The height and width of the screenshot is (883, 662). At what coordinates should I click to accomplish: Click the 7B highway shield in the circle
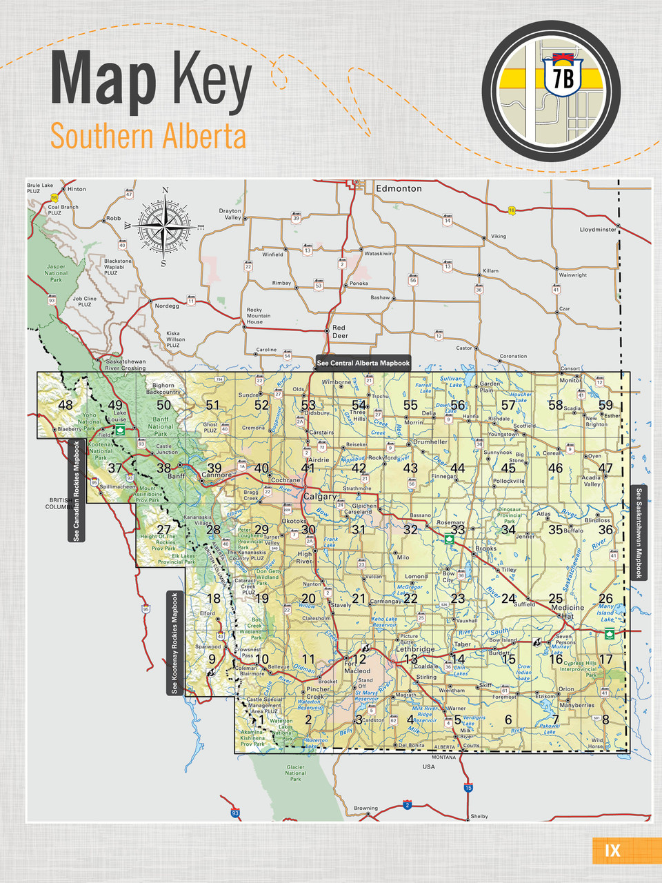563,77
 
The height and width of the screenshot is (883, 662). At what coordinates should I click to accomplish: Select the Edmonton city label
398,188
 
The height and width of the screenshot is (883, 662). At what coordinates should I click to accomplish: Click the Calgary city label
320,497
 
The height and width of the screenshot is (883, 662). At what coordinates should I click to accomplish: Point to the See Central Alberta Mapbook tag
363,363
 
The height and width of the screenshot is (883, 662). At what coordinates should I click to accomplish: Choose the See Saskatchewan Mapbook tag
639,533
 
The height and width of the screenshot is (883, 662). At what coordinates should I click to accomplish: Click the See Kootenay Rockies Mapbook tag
174,643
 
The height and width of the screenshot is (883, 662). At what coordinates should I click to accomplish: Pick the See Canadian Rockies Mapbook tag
77,490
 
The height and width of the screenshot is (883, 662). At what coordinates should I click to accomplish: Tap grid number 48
66,405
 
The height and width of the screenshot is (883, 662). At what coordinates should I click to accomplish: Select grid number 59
605,405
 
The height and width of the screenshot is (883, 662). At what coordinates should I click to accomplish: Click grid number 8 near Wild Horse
605,720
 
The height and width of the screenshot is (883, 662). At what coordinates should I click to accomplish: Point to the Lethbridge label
415,649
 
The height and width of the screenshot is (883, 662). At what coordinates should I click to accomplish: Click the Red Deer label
340,332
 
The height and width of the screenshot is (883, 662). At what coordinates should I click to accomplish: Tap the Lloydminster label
598,230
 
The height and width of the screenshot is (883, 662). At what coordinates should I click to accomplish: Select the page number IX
612,851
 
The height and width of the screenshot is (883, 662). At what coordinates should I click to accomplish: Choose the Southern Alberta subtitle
148,136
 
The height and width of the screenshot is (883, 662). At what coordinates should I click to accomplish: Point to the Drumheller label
430,441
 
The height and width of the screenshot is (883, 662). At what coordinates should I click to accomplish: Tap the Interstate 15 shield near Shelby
468,788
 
